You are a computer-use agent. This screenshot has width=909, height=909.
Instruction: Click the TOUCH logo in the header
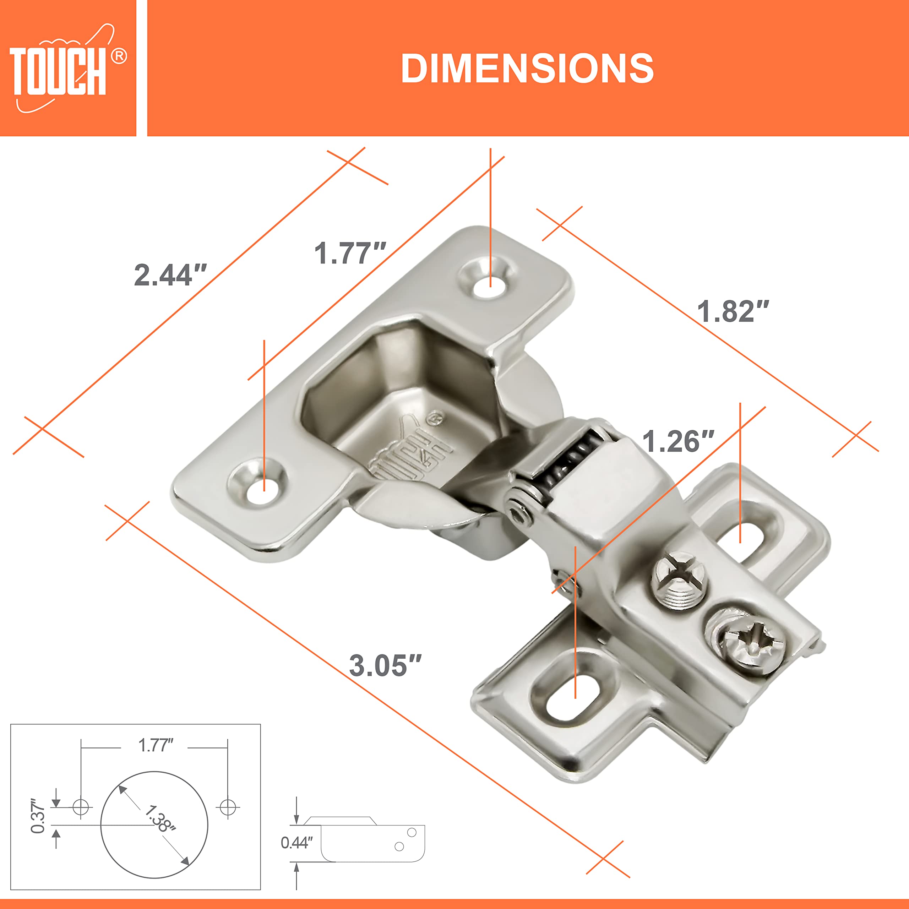(59, 71)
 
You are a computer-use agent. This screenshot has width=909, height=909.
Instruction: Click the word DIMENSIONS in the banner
(527, 69)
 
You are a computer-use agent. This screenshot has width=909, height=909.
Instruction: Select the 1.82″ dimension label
(733, 311)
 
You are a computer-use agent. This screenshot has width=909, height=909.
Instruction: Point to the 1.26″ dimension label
(678, 441)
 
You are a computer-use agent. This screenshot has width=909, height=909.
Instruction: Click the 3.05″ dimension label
(385, 665)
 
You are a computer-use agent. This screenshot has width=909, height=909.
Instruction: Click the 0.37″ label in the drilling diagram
(38, 815)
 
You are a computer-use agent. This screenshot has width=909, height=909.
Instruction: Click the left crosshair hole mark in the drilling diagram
(81, 807)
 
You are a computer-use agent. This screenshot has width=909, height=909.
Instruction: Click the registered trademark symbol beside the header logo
(119, 56)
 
